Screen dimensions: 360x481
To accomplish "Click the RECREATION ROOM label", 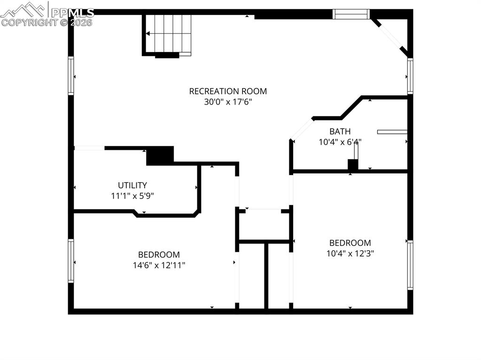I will pyautogui.click(x=228, y=91).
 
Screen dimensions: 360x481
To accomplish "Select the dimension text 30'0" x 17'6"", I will pyautogui.click(x=228, y=102).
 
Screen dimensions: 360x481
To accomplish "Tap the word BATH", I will pyautogui.click(x=340, y=131).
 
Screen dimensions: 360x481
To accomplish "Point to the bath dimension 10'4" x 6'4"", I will pyautogui.click(x=340, y=141).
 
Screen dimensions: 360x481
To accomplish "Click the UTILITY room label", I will pyautogui.click(x=132, y=185).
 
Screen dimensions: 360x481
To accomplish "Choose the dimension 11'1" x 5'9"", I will pyautogui.click(x=132, y=196).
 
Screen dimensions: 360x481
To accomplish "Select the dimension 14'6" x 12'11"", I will pyautogui.click(x=159, y=265).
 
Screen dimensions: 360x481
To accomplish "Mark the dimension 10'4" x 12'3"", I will pyautogui.click(x=350, y=253).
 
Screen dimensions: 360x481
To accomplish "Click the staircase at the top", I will pyautogui.click(x=167, y=34).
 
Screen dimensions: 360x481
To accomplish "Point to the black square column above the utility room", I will pyautogui.click(x=160, y=156).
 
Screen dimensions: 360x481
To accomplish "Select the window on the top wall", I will pyautogui.click(x=351, y=15).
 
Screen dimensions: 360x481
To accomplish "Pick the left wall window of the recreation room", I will pyautogui.click(x=71, y=76).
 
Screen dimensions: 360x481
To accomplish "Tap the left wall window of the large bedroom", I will pyautogui.click(x=71, y=261).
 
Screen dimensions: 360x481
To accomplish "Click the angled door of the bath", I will pyautogui.click(x=302, y=129).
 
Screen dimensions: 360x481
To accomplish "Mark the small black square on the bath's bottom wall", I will pyautogui.click(x=352, y=165).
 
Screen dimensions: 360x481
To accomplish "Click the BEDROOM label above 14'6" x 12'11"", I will pyautogui.click(x=159, y=254).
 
